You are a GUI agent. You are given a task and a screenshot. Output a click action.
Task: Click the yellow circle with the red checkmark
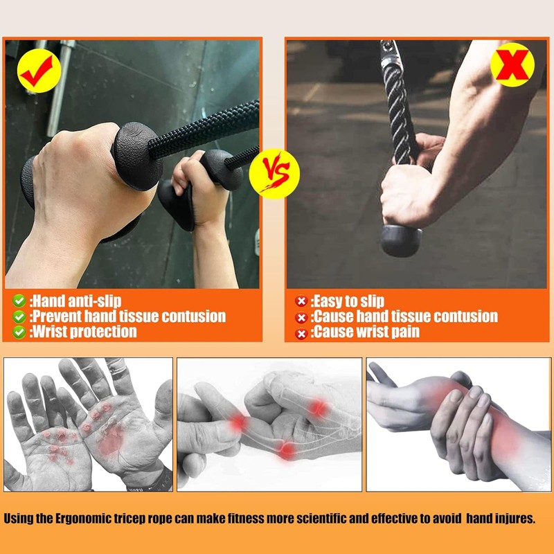pos(39,71)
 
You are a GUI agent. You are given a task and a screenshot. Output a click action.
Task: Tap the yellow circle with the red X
pos(512,64)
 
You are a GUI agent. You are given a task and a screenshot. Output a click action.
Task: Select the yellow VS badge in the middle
pos(274,174)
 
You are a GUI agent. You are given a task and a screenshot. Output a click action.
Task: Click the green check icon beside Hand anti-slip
pos(19,301)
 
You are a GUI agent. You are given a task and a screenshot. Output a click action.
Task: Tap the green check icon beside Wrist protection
pos(19,332)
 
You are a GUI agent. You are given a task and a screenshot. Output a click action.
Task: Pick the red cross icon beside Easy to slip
pos(301,301)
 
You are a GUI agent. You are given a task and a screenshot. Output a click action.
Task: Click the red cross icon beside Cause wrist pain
pos(301,333)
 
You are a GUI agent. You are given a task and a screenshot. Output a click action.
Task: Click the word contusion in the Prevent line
pos(193,316)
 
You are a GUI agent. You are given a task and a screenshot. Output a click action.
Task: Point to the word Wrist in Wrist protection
pos(50,332)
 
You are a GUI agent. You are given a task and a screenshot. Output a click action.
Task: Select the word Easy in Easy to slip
pos(328,301)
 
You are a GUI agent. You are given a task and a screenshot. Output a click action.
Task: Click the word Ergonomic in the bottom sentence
pos(83,519)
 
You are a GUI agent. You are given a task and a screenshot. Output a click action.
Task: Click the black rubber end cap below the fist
pos(401,240)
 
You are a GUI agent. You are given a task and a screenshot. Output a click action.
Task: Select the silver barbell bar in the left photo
pos(60,89)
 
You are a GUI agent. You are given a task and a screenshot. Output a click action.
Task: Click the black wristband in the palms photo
pos(155,479)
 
